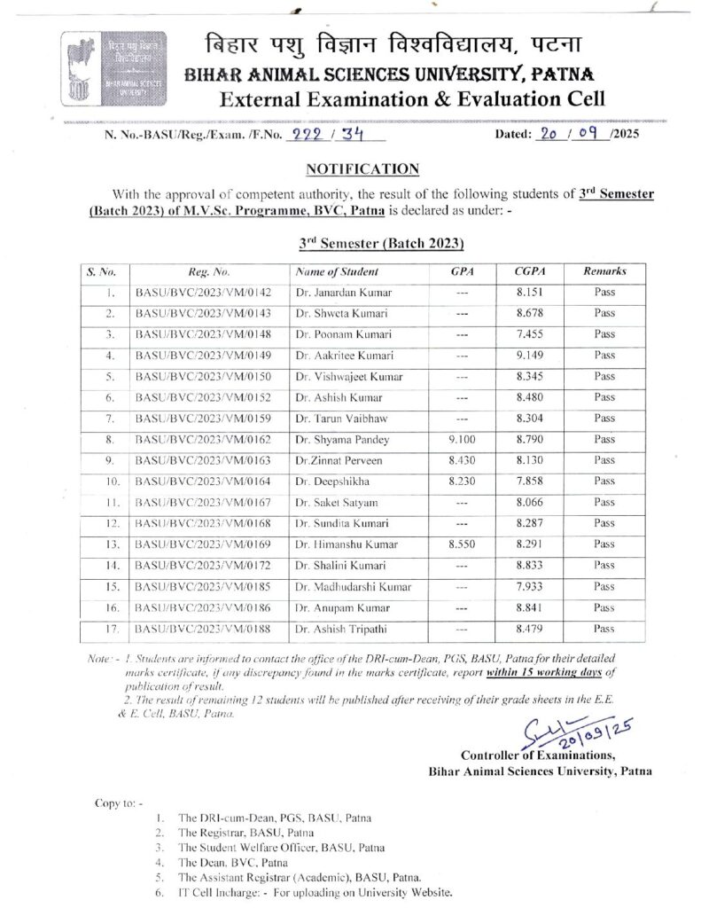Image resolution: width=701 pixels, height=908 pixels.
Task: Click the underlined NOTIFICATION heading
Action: point(349,168)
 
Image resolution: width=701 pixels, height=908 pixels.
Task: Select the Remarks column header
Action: point(604,272)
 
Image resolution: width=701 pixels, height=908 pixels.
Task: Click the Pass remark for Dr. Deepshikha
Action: point(604,481)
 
